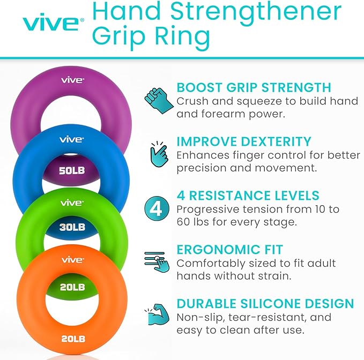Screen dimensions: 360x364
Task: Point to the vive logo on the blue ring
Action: click(72, 139)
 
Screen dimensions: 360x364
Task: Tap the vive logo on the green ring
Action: click(72, 202)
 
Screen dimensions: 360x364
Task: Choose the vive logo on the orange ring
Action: click(72, 259)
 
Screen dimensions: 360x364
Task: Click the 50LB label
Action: click(71, 171)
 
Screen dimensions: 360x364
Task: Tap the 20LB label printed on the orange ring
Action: click(71, 338)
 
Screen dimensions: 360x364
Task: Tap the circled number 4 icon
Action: click(156, 208)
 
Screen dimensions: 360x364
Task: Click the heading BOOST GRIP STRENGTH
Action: click(254, 88)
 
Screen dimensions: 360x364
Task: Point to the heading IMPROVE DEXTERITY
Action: click(244, 142)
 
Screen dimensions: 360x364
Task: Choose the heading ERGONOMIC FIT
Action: click(230, 250)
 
